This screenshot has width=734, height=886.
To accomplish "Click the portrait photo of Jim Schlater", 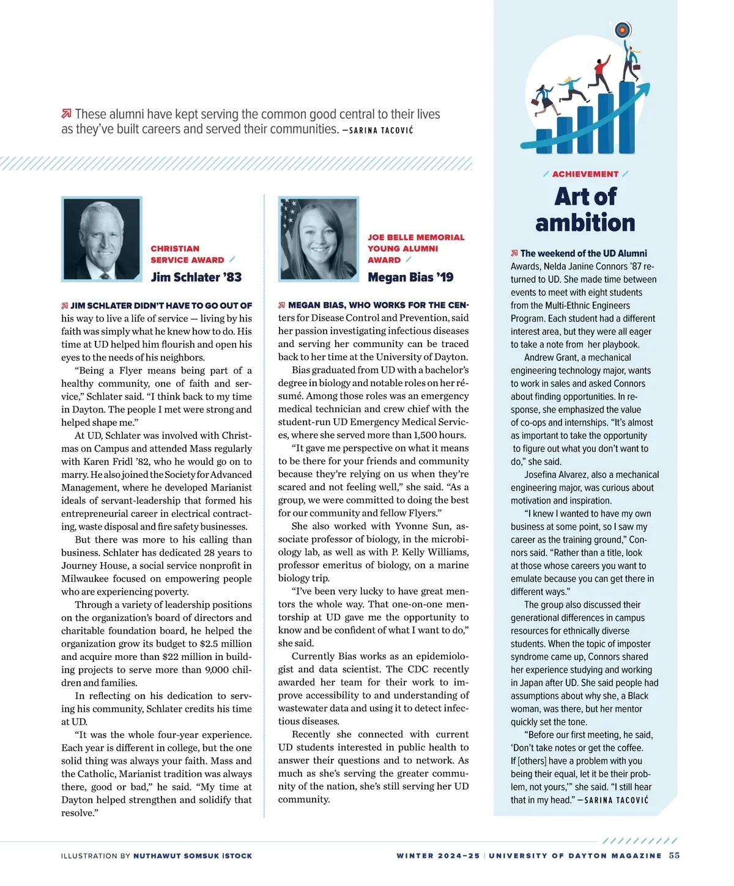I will (x=102, y=239).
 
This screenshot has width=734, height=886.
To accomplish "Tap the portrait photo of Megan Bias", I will (x=318, y=239).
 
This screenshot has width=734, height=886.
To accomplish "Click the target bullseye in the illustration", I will (x=622, y=29).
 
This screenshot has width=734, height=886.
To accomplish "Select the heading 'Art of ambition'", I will (x=585, y=210).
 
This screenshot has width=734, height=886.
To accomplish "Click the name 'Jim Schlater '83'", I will (x=196, y=277).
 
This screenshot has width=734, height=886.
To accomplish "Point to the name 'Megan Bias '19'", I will (x=410, y=277).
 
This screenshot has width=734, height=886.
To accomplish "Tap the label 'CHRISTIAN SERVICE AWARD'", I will (x=187, y=254).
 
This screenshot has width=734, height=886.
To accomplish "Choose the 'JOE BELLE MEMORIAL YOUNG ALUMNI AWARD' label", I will (x=416, y=248).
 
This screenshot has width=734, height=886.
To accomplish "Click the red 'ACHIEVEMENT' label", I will (x=585, y=174).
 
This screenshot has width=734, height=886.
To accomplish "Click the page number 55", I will (x=674, y=855).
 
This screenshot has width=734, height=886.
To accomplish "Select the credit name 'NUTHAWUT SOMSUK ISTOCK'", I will (x=193, y=856).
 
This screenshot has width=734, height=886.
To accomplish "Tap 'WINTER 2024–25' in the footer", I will (x=438, y=856).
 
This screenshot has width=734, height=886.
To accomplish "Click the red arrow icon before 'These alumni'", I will (x=66, y=114).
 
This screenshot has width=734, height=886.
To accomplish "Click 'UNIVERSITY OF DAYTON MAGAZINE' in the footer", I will (x=575, y=856).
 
